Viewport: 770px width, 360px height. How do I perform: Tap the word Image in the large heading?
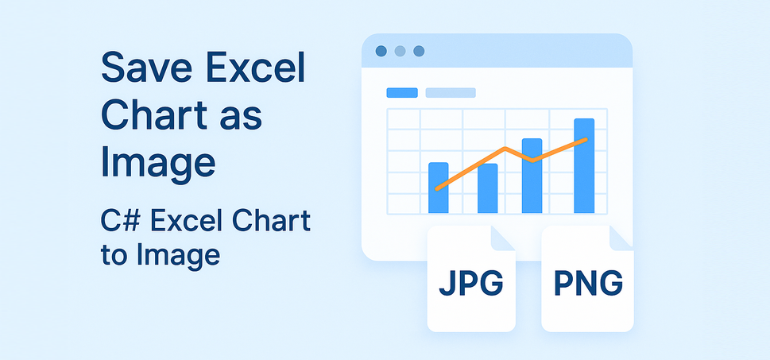tap(157, 162)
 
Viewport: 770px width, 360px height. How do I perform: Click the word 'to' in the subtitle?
tap(116, 256)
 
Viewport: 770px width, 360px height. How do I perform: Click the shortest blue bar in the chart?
tap(487, 188)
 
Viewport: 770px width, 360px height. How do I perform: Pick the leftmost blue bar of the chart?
tap(438, 188)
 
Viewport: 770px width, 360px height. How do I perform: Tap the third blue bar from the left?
tap(532, 176)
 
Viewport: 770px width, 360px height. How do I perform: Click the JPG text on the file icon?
tap(470, 285)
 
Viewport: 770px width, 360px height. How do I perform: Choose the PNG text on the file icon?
tap(587, 285)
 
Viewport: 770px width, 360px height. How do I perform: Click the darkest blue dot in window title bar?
tap(381, 52)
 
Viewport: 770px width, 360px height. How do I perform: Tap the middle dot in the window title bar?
tap(400, 52)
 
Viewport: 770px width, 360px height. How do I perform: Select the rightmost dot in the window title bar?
tap(419, 52)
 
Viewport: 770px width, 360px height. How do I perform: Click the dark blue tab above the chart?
tap(402, 93)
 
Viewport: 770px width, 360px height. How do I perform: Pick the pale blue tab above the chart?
tap(450, 93)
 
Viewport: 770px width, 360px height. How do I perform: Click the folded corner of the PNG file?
tap(621, 238)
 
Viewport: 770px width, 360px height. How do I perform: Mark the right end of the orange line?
tap(586, 140)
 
